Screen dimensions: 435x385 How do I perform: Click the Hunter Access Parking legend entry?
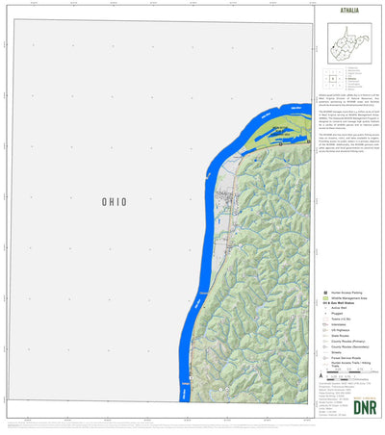[346, 292]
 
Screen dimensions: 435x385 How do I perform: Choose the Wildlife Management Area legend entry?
[349, 297]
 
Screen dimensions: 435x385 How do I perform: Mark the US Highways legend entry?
[341, 331]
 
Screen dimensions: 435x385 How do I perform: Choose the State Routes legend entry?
[341, 337]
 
